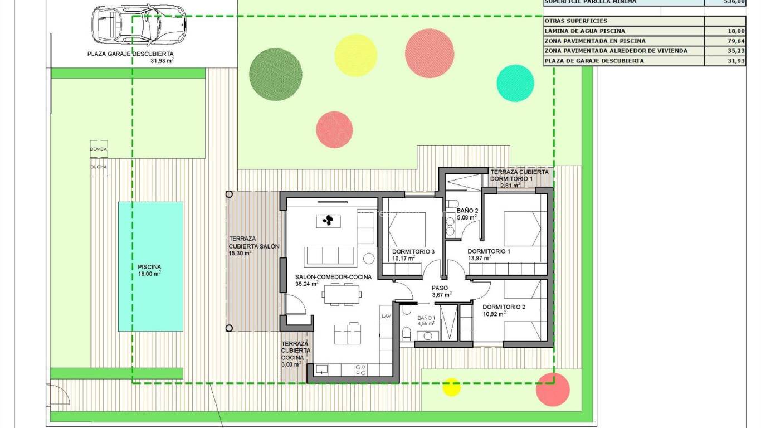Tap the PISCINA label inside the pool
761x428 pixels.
point(149,267)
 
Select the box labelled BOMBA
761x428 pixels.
point(99,149)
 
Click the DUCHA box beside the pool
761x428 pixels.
point(99,167)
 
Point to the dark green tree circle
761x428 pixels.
point(275,72)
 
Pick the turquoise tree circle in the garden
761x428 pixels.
point(515,83)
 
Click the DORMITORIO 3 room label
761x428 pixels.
point(413,251)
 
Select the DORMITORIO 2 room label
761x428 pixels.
point(504,307)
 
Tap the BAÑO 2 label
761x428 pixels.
point(467,211)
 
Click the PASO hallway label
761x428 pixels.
point(440,288)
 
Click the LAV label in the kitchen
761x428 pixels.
point(386,316)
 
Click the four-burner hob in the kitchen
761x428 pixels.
point(360,369)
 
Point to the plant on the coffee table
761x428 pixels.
point(329,221)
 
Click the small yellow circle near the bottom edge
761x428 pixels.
point(451,387)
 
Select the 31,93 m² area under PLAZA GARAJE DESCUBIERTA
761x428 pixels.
point(162,61)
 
